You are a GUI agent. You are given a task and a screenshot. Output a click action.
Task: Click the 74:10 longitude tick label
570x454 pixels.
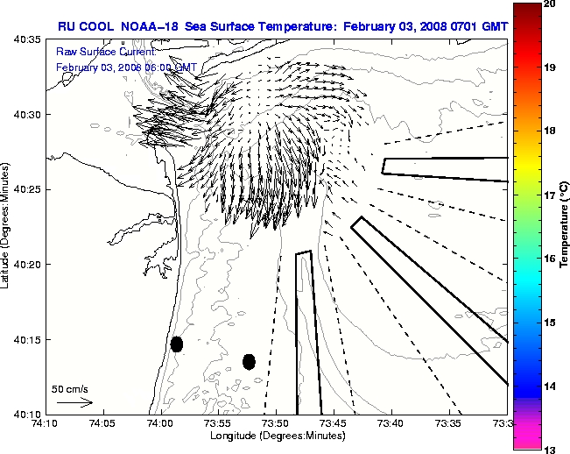coord(46,423)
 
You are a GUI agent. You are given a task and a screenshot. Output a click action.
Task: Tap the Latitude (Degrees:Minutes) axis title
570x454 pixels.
coord(7,226)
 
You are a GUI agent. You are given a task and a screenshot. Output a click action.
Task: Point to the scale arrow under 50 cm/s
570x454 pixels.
coord(75,402)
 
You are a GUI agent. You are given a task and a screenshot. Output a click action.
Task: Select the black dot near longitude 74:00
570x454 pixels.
coord(177,344)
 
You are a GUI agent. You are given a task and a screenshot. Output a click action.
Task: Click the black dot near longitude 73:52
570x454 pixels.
coord(249,361)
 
